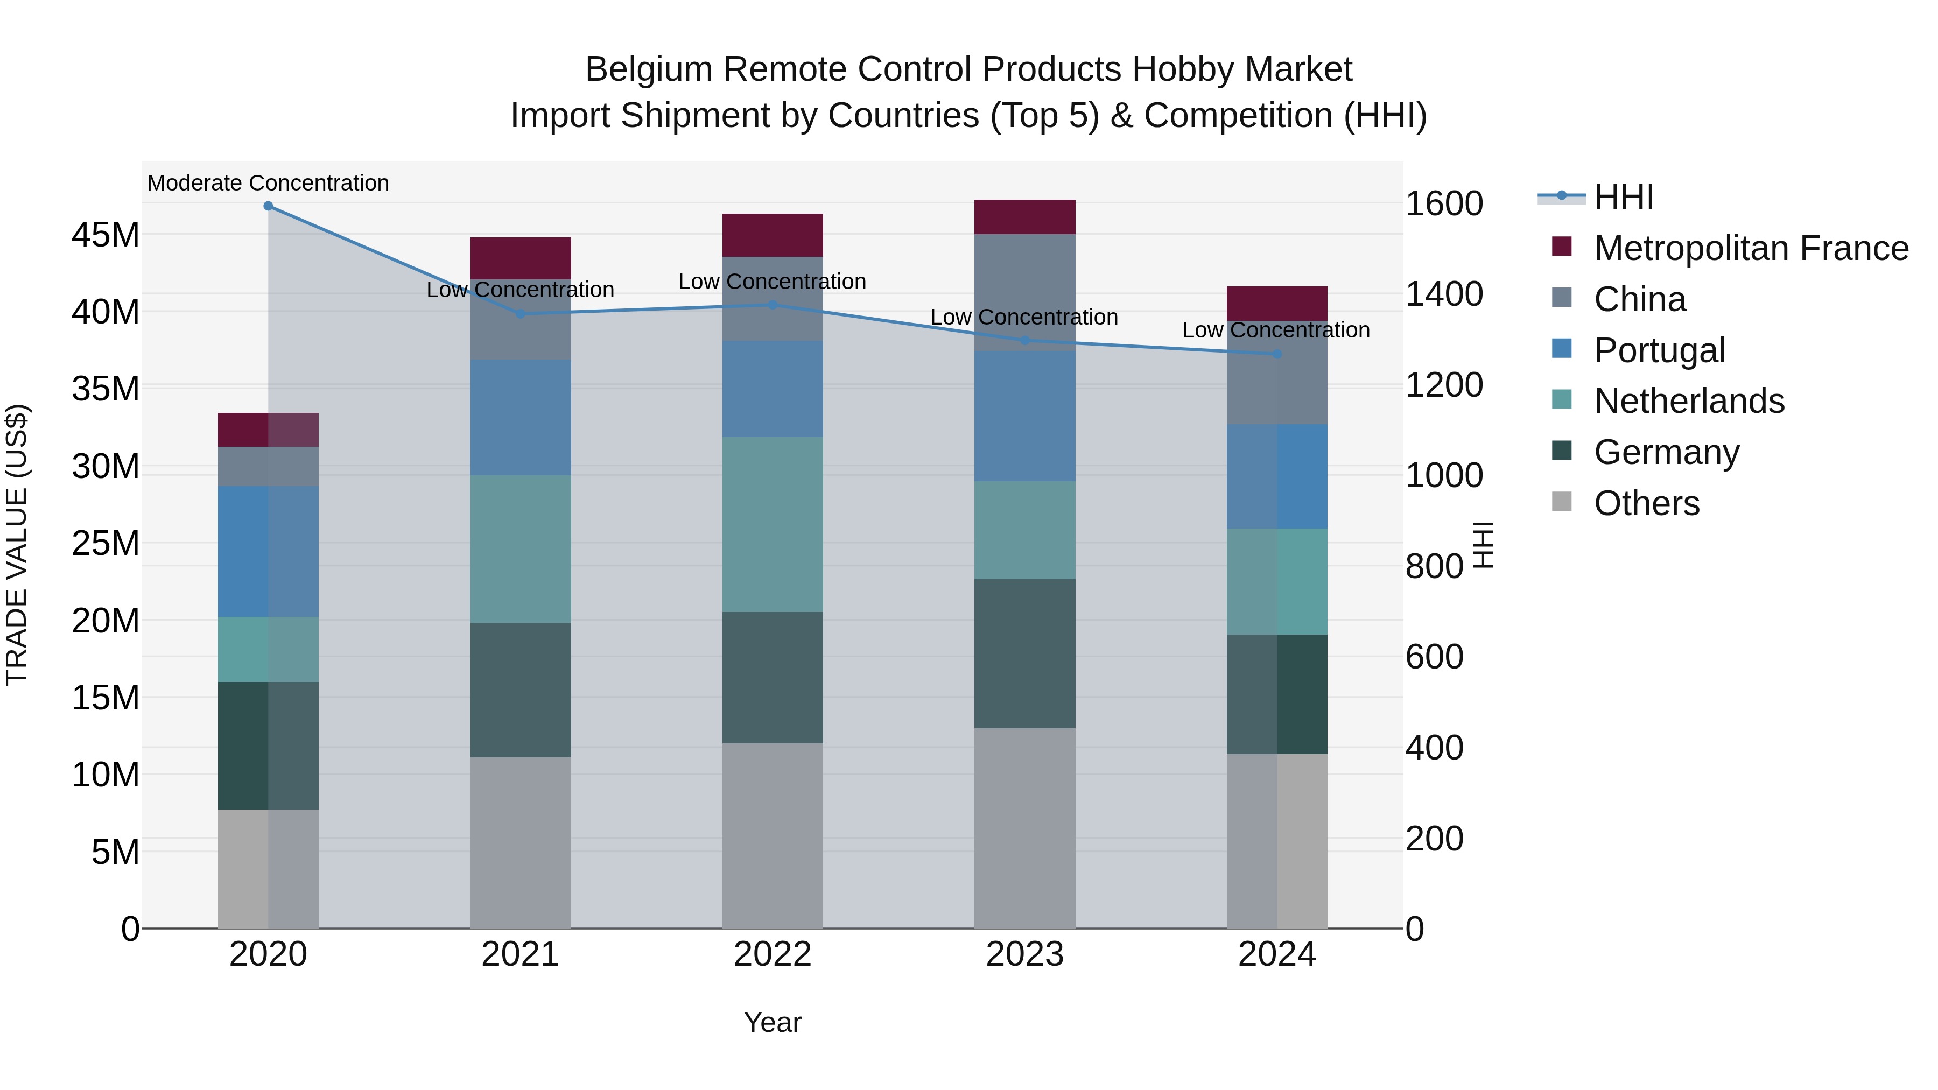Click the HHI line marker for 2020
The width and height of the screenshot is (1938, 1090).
click(268, 206)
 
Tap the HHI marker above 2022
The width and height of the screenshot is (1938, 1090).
click(772, 305)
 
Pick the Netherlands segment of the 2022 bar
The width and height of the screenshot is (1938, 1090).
click(772, 524)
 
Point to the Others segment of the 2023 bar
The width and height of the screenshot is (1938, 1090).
click(1024, 827)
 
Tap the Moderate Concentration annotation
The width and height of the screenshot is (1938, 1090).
click(268, 183)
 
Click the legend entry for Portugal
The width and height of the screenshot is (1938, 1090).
click(1659, 350)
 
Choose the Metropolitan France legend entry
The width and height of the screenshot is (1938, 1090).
click(1750, 248)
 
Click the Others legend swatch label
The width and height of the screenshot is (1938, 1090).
click(1646, 503)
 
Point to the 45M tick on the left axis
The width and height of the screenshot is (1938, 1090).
click(106, 235)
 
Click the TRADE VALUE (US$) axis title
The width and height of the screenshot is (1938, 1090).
click(17, 545)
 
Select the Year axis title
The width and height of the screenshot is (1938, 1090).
click(772, 1022)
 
